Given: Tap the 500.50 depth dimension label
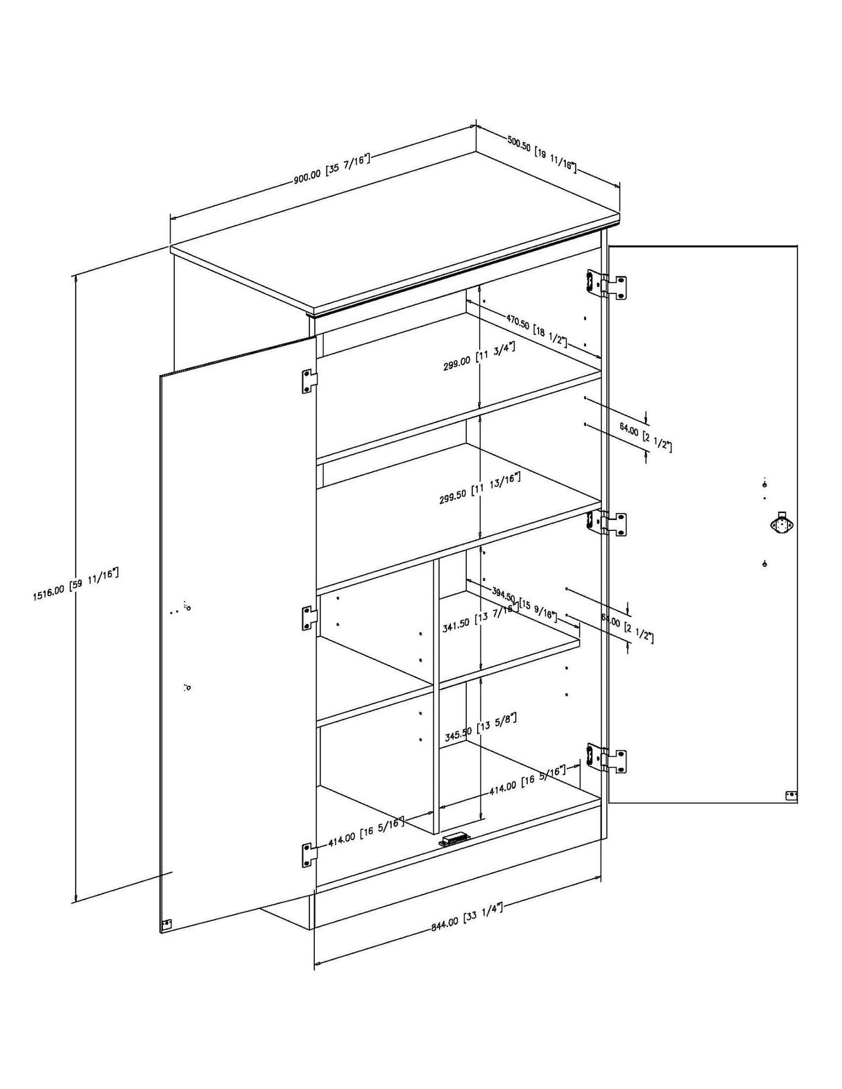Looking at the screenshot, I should pos(541,154).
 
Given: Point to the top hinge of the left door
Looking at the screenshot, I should pos(309,381).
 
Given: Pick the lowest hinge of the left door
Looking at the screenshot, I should pos(309,855).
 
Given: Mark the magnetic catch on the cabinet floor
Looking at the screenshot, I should pos(454,839).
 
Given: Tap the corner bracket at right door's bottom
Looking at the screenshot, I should pos(790,796).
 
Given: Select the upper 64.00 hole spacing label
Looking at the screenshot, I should pos(645,437).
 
